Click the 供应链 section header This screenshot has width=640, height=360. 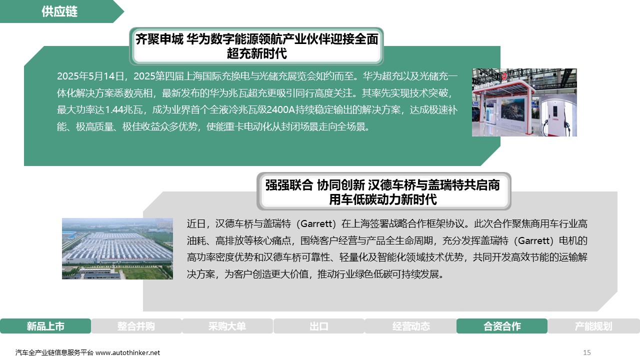pyautogui.click(x=59, y=11)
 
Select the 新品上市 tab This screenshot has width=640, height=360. pyautogui.click(x=45, y=326)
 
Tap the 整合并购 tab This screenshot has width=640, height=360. pyautogui.click(x=136, y=326)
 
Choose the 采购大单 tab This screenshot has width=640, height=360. pyautogui.click(x=227, y=326)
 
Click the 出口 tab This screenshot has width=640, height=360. pyautogui.click(x=319, y=326)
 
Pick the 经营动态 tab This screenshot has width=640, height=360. pyautogui.click(x=411, y=326)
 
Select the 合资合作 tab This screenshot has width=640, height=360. pyautogui.click(x=502, y=326)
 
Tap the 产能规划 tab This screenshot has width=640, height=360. pyautogui.click(x=593, y=326)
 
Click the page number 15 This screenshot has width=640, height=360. pyautogui.click(x=587, y=352)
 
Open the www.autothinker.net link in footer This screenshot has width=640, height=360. pyautogui.click(x=127, y=352)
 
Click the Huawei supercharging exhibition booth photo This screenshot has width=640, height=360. pyautogui.click(x=524, y=102)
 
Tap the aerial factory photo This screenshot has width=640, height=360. pyautogui.click(x=117, y=248)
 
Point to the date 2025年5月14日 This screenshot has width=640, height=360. pyautogui.click(x=90, y=76)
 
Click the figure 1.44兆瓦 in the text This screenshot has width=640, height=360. pyautogui.click(x=123, y=109)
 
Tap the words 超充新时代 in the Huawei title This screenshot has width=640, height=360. pyautogui.click(x=256, y=53)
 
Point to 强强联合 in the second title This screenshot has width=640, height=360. pyautogui.click(x=289, y=185)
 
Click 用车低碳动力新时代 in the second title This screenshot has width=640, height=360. pyautogui.click(x=383, y=199)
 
